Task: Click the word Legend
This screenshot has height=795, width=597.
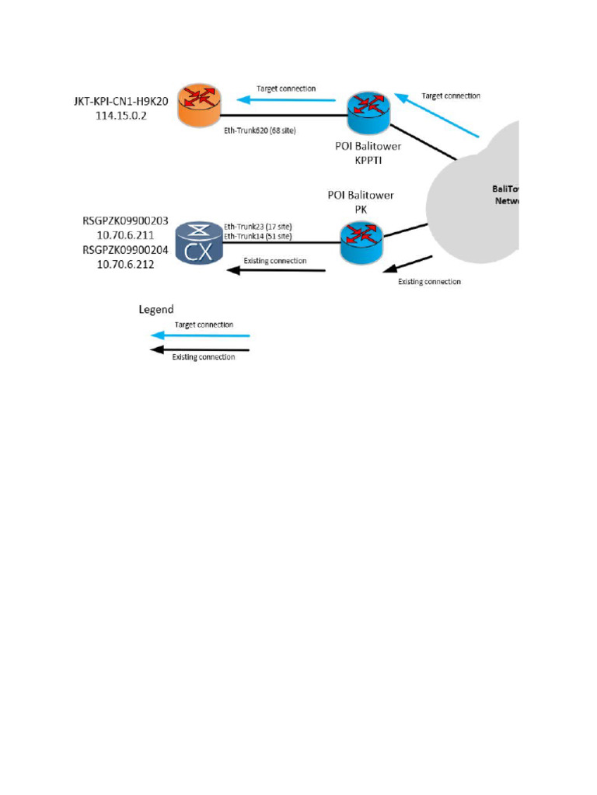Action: (x=155, y=309)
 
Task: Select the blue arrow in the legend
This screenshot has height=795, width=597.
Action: (x=201, y=335)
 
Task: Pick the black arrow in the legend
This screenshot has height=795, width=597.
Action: (x=201, y=350)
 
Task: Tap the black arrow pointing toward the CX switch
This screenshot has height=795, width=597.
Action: (x=276, y=270)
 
